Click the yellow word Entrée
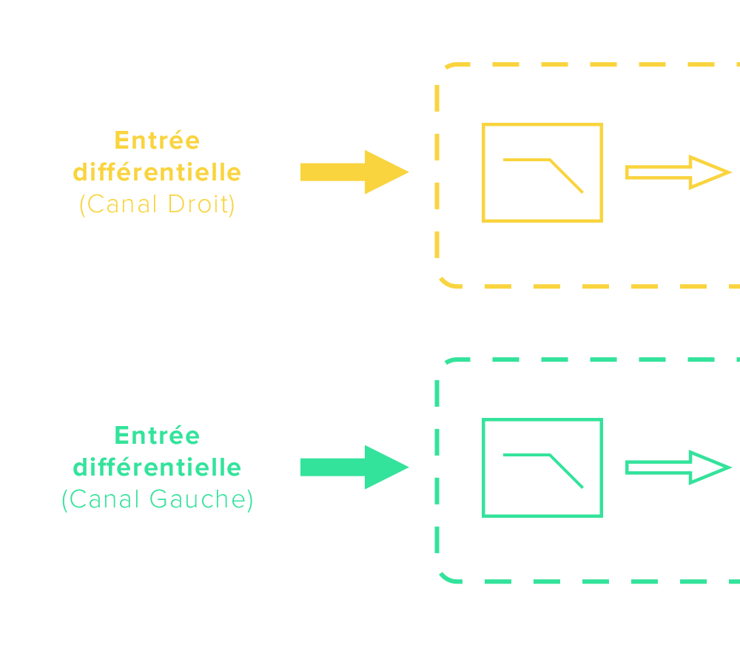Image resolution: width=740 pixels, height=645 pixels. pos(157,141)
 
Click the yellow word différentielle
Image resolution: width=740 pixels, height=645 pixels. pos(157,172)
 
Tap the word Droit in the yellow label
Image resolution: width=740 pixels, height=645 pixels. pos(201,204)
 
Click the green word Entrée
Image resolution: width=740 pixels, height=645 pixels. pos(157,436)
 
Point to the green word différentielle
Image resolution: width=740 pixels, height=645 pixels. pos(157,467)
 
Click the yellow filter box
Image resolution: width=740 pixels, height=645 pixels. pos(542,172)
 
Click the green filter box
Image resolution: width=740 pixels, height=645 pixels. pos(542,467)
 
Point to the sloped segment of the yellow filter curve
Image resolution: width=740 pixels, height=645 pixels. pos(566,176)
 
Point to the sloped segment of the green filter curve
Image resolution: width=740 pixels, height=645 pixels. pos(566,471)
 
